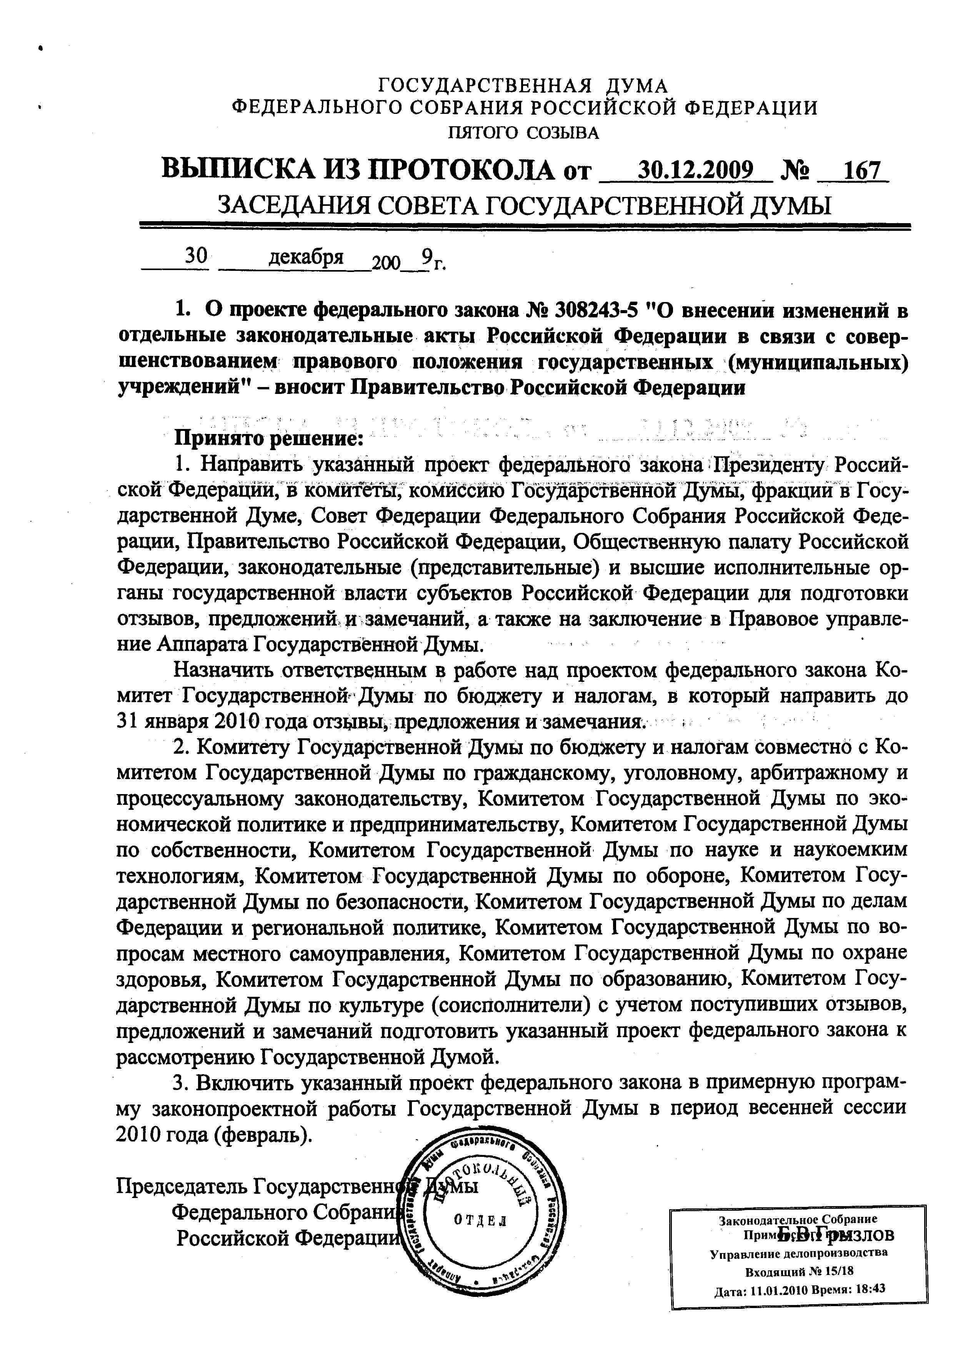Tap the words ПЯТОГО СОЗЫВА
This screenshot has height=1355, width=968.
(523, 132)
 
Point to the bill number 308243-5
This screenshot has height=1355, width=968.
(595, 310)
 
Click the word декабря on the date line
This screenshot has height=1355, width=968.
(307, 257)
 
